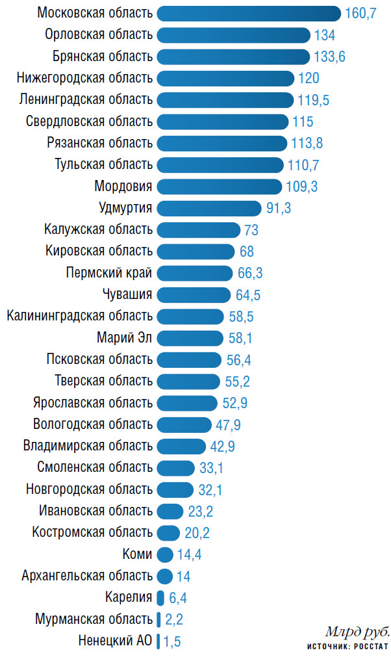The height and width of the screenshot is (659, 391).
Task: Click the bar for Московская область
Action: pos(249,13)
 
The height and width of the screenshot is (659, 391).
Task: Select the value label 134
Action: pos(324,35)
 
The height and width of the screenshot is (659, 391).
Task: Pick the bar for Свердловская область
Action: pos(223,122)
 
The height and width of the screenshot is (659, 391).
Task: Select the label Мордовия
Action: pos(123,187)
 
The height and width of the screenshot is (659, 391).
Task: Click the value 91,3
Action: pos(279,209)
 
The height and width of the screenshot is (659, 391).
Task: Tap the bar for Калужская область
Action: pos(199,229)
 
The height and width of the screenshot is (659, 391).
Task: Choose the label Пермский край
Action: pos(109,273)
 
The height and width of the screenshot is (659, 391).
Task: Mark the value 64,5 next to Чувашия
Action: pos(248,295)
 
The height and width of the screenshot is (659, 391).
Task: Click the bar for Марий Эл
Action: pos(193,338)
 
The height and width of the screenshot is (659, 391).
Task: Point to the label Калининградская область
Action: pos(80,317)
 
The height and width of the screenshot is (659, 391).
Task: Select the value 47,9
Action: pos(229,425)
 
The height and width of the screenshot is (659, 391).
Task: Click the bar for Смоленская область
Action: pos(176,468)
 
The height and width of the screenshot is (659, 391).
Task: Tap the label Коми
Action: pos(137,554)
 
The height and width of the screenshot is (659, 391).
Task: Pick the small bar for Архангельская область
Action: pos(165,576)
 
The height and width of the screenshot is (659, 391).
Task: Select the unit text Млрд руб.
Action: pos(357,632)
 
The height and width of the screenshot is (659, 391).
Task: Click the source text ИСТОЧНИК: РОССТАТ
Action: pos(348,647)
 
